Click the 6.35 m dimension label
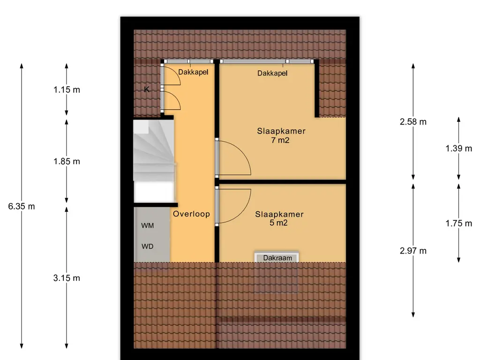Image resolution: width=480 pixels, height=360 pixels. [x=22, y=206]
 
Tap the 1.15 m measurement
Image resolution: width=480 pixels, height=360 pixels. [x=67, y=90]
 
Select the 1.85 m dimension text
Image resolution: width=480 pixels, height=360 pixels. [x=67, y=161]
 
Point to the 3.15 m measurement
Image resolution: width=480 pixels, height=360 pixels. [x=67, y=278]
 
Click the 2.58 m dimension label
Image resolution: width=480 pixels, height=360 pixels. [x=413, y=122]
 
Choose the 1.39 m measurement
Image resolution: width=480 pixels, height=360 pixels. [x=458, y=149]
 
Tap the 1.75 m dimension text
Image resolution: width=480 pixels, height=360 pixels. [x=458, y=224]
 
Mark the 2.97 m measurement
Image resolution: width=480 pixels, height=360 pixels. [x=413, y=251]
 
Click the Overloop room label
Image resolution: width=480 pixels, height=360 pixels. [x=191, y=214]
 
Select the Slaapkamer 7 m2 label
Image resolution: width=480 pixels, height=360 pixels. [x=281, y=135]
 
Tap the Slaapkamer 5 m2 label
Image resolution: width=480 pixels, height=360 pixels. [x=279, y=218]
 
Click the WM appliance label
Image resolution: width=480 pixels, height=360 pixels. [x=148, y=225]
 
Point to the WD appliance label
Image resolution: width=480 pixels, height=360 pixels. [x=147, y=247]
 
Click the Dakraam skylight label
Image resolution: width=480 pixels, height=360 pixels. [x=277, y=258]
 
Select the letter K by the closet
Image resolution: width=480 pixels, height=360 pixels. [x=147, y=90]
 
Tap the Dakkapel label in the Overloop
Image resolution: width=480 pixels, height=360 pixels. [x=193, y=72]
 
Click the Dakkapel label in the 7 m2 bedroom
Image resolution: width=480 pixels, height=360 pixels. [x=272, y=73]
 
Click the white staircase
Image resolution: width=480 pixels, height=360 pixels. [x=154, y=161]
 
